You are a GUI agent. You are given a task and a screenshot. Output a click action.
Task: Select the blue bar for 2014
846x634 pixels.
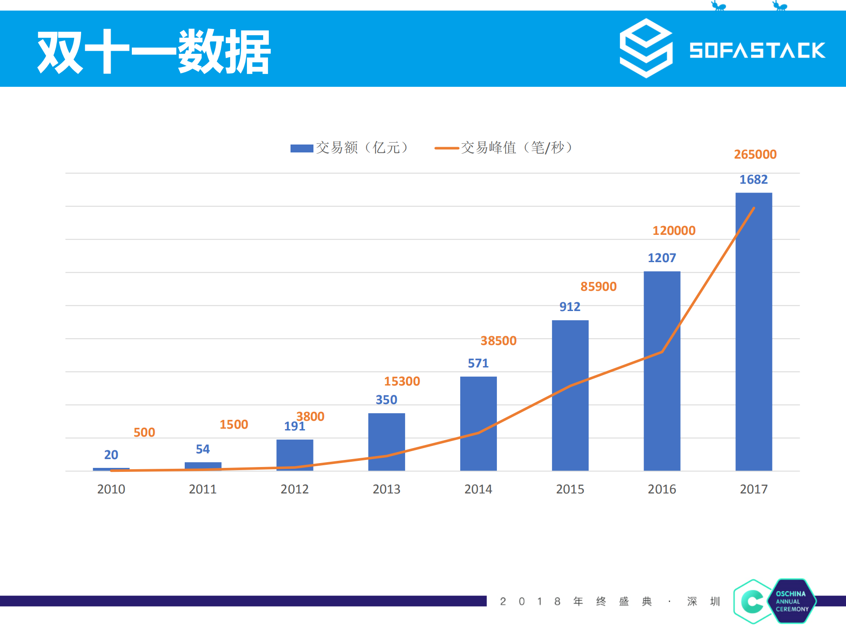pyautogui.click(x=478, y=423)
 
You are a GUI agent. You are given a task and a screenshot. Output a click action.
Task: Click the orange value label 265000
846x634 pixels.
pyautogui.click(x=755, y=155)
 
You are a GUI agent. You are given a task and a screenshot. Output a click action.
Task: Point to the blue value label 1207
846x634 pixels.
pyautogui.click(x=661, y=258)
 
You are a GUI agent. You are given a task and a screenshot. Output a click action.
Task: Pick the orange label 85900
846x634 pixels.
pyautogui.click(x=598, y=287)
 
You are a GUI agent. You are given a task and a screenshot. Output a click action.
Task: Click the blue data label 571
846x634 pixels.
pyautogui.click(x=478, y=363)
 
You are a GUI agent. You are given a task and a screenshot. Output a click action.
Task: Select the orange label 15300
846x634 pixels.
pyautogui.click(x=402, y=382)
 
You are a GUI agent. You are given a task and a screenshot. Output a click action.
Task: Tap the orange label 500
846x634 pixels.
pyautogui.click(x=144, y=432)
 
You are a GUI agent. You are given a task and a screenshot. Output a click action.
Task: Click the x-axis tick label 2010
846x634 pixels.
pyautogui.click(x=111, y=489)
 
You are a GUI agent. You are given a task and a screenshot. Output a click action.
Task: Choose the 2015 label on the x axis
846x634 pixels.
pyautogui.click(x=570, y=489)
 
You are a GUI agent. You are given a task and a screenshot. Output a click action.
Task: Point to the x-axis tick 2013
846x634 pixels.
pyautogui.click(x=386, y=489)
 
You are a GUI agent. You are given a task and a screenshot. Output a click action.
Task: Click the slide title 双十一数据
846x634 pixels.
pyautogui.click(x=153, y=52)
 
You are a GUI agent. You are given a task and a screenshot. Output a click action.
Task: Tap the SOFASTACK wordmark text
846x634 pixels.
pyautogui.click(x=757, y=50)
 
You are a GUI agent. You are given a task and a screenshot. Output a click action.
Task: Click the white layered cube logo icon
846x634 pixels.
pyautogui.click(x=646, y=48)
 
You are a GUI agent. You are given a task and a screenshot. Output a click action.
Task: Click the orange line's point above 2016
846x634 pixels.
pyautogui.click(x=662, y=352)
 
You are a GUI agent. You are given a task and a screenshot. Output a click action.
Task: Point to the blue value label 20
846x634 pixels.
pyautogui.click(x=111, y=455)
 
